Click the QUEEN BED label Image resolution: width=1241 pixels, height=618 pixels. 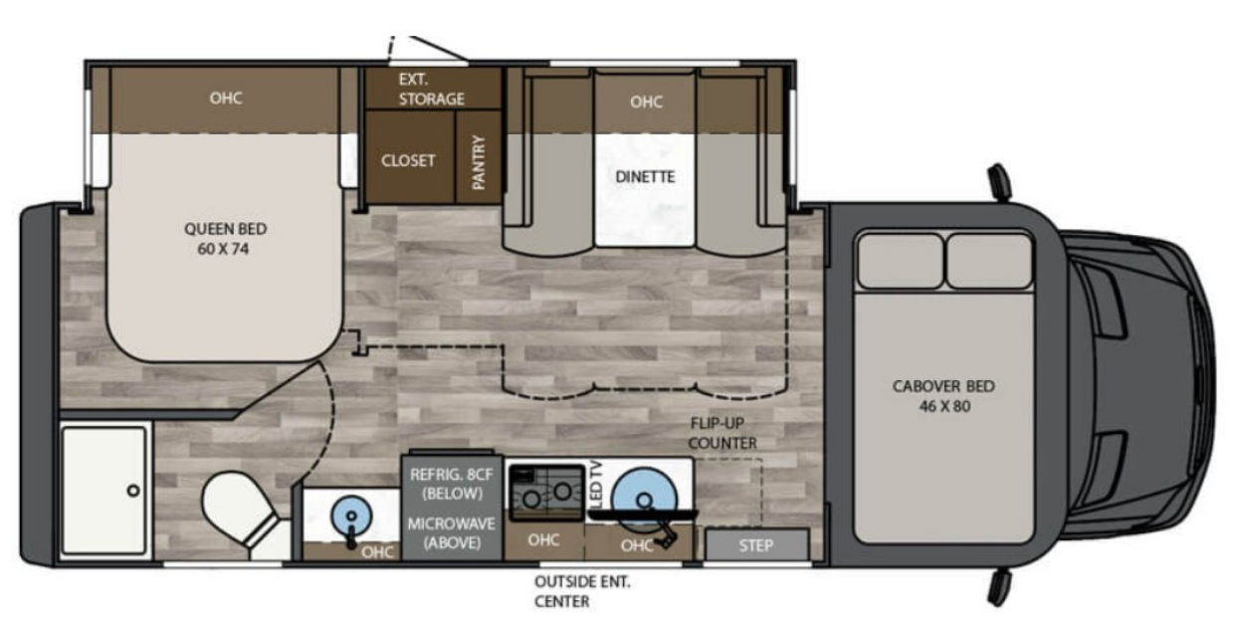(x=225, y=238)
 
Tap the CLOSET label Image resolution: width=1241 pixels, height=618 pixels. (x=408, y=160)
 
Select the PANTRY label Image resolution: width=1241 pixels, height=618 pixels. (x=479, y=162)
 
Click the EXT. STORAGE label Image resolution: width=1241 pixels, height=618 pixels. (x=431, y=89)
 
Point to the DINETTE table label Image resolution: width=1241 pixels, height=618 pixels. (x=645, y=177)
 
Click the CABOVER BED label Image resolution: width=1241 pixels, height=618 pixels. (x=943, y=395)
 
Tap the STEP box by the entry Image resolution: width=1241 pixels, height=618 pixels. (x=756, y=545)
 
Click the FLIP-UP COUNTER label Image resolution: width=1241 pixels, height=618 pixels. (x=722, y=433)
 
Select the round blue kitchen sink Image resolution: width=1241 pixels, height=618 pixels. (x=644, y=499)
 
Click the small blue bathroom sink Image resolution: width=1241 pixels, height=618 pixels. (x=350, y=515)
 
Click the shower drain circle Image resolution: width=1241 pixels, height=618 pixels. (x=133, y=490)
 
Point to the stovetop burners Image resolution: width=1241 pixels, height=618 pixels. (x=546, y=493)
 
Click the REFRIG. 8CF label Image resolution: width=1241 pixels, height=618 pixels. (x=452, y=484)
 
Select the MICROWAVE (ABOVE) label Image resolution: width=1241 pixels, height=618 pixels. (x=452, y=532)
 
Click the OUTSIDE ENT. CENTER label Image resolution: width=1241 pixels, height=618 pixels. (x=582, y=591)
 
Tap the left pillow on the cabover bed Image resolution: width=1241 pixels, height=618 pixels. (x=901, y=261)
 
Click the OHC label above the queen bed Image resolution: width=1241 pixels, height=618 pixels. (x=226, y=98)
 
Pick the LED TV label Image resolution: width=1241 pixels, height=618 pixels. (x=596, y=485)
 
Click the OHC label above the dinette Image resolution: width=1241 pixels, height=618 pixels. (x=646, y=102)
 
